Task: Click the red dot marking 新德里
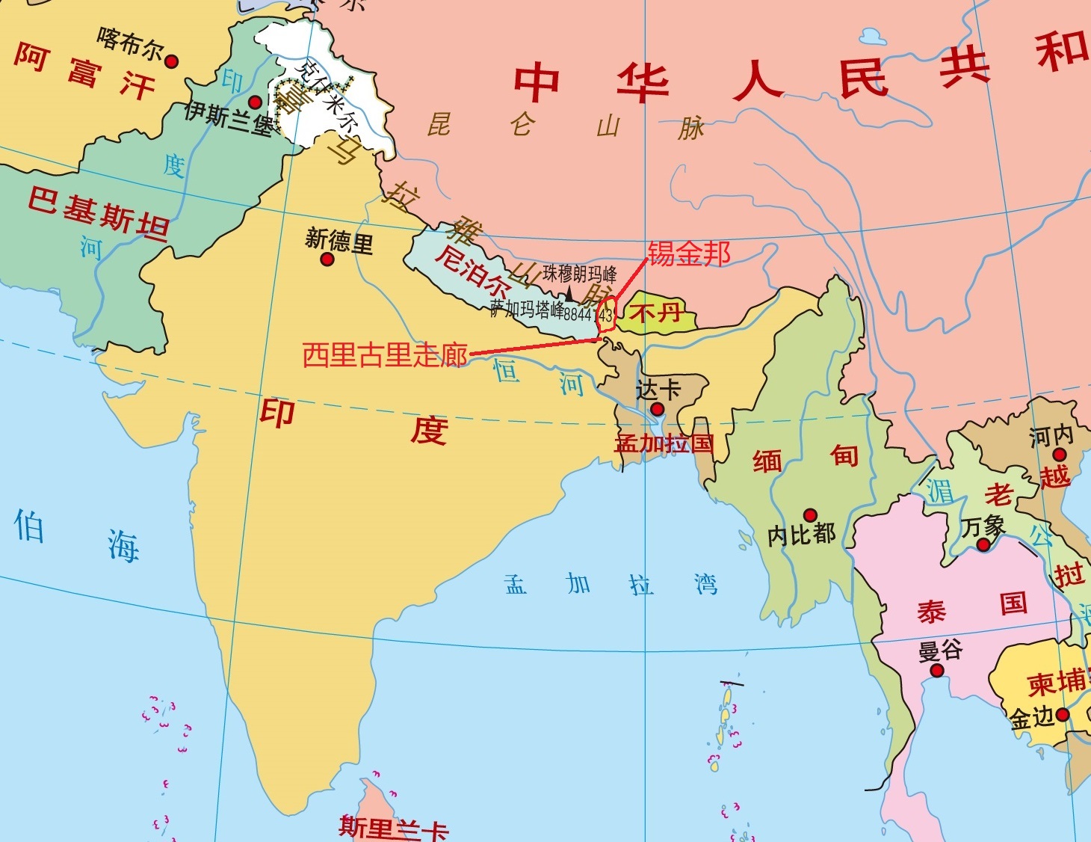click(x=327, y=259)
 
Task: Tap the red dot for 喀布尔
click(x=171, y=61)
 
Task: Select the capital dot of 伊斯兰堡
click(x=255, y=102)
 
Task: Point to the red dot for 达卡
click(x=658, y=409)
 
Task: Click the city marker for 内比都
click(x=810, y=515)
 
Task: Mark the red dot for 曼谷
click(x=936, y=671)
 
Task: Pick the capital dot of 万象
click(x=983, y=545)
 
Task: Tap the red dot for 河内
click(x=1059, y=455)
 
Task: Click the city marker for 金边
click(x=1062, y=714)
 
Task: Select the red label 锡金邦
click(x=688, y=253)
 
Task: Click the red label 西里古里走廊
click(x=385, y=355)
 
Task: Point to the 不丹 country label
click(x=655, y=311)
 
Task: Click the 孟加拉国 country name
click(x=664, y=443)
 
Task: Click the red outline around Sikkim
click(x=607, y=314)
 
